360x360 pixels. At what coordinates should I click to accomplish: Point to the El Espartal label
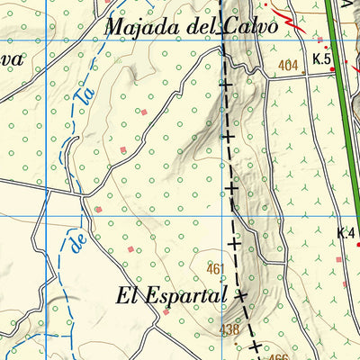171,295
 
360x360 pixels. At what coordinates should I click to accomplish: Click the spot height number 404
288,65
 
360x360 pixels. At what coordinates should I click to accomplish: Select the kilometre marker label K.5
322,60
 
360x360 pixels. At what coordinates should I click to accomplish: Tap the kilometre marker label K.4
346,234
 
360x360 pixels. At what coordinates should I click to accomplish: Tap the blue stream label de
76,240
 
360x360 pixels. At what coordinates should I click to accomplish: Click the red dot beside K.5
333,74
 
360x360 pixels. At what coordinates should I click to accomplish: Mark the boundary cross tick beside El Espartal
240,294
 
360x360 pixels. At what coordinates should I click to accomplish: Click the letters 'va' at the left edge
11,61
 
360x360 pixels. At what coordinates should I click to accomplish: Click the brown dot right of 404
305,76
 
